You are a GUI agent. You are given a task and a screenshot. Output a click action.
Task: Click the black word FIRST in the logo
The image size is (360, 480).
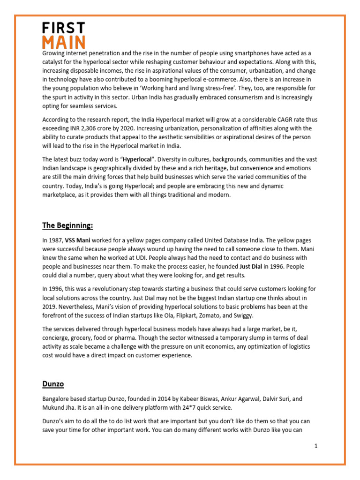(x=63, y=28)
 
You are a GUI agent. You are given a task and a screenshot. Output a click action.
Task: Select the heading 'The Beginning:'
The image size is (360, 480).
(x=67, y=226)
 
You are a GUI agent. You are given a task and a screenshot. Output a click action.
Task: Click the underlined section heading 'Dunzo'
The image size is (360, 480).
(x=52, y=384)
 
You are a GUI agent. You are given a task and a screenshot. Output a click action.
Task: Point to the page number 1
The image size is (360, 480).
(x=316, y=446)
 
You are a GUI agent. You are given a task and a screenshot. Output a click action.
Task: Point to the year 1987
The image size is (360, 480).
(x=55, y=240)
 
